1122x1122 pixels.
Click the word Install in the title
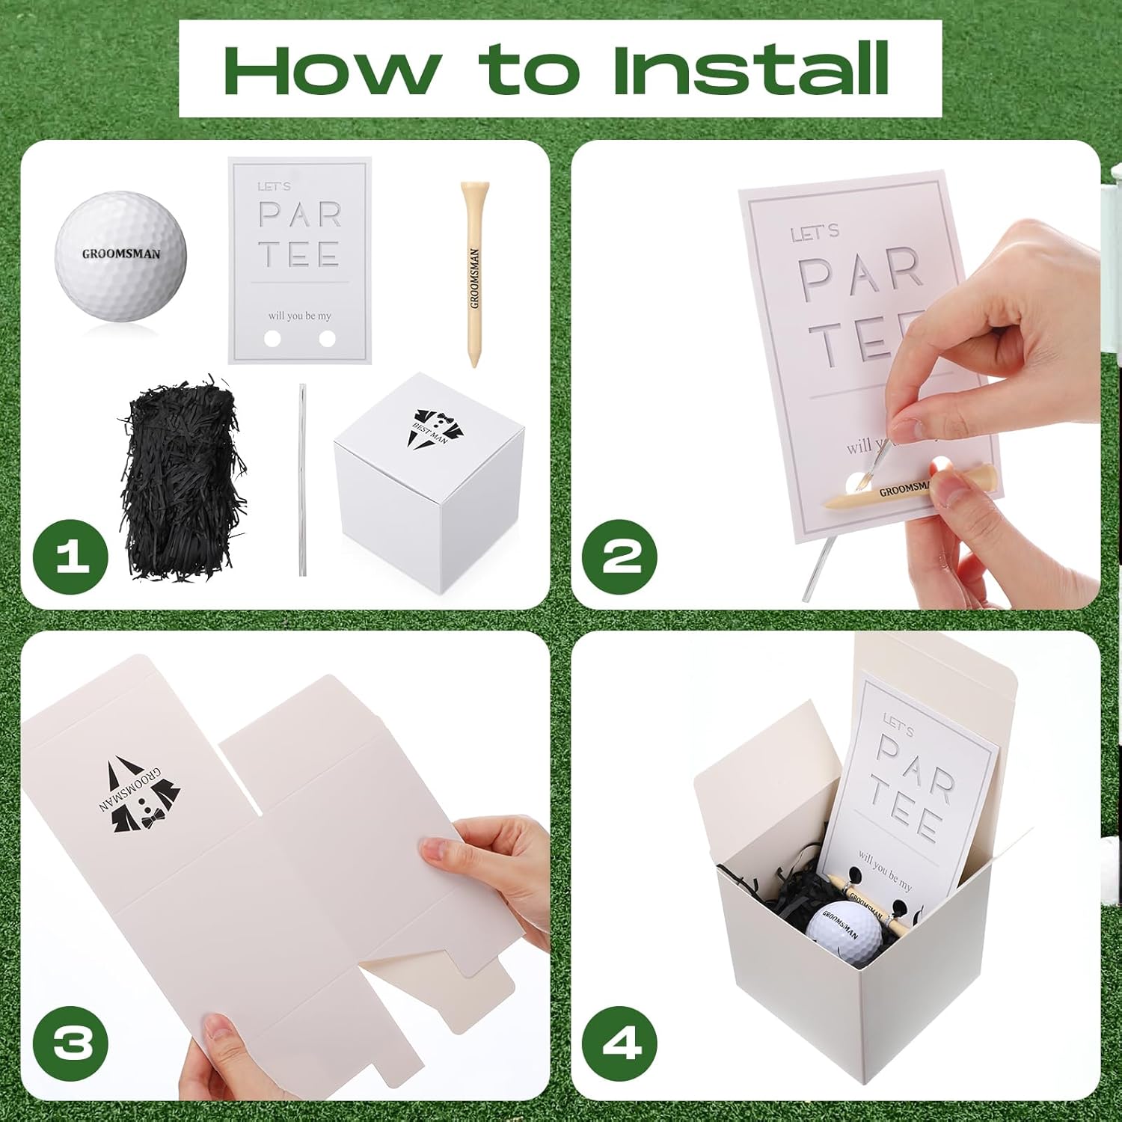(750, 69)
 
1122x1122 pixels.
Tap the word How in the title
(331, 69)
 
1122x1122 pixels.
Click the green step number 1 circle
(71, 557)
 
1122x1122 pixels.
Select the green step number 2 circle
(620, 557)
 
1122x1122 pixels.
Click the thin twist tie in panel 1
(302, 479)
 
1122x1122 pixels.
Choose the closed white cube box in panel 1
(430, 486)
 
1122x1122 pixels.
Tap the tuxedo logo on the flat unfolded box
(140, 797)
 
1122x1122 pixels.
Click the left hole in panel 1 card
(273, 339)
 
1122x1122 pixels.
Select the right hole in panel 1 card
(327, 339)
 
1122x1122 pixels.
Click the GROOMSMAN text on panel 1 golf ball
(120, 254)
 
